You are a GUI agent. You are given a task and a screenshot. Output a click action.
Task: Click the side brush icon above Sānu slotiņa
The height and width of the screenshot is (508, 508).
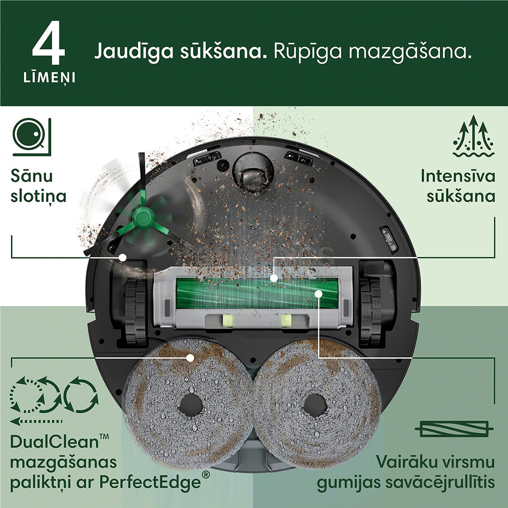click(x=32, y=137)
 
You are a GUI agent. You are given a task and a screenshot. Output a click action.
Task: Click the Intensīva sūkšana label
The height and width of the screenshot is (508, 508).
click(x=457, y=186)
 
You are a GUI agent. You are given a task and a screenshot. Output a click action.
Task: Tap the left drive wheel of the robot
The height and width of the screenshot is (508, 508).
click(x=135, y=306)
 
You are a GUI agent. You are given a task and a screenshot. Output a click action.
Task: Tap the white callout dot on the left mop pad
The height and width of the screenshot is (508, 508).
click(x=190, y=357)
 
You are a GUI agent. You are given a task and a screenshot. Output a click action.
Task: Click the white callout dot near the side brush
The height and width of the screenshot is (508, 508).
click(x=123, y=257)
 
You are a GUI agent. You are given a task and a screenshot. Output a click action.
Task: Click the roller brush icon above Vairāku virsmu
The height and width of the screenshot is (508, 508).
click(x=454, y=429)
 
